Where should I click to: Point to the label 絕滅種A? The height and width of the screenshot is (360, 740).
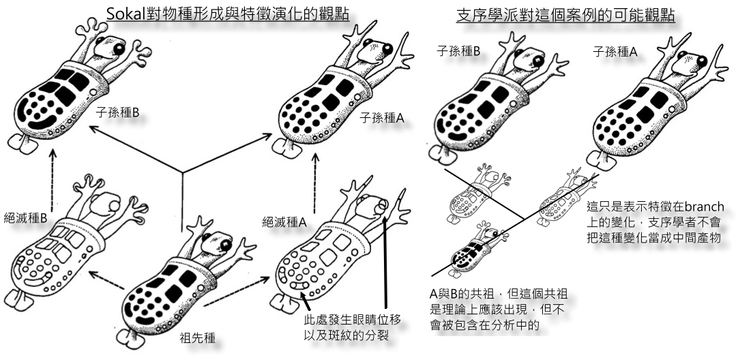284,222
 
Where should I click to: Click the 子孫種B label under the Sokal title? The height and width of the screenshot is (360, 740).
117,113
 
